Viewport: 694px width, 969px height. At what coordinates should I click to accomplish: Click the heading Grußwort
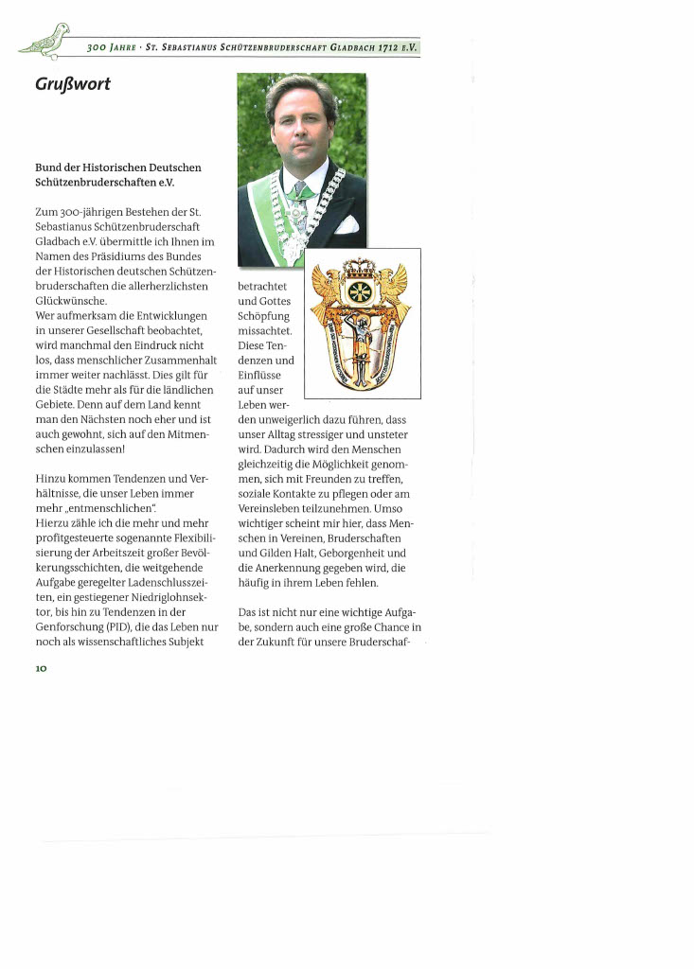click(x=72, y=85)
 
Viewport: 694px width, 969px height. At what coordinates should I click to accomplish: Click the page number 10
click(x=42, y=668)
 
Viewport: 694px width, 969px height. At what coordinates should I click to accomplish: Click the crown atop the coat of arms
click(x=360, y=268)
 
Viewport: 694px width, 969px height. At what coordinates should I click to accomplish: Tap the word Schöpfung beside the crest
click(x=264, y=315)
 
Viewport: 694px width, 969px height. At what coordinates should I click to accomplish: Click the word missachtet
click(x=266, y=330)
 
